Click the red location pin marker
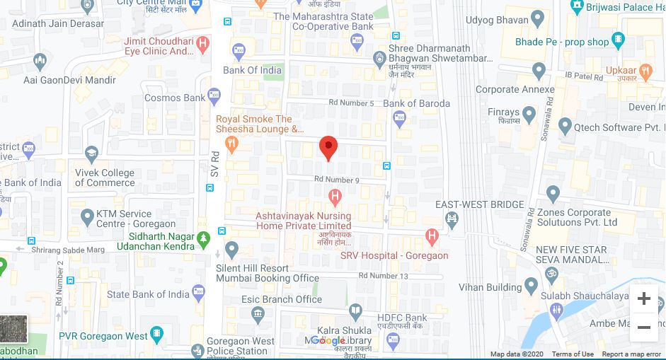coord(328,146)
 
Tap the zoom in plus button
coord(643,298)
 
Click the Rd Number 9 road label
coord(337,180)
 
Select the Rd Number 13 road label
coord(383,275)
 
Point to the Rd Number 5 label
coord(351,103)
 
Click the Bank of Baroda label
coord(416,103)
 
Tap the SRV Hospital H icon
coord(432,235)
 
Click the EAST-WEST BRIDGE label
coord(480,204)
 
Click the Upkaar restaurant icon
coord(645,71)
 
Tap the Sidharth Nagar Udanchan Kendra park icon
coord(204,238)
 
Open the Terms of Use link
coord(573,354)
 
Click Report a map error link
coord(631,354)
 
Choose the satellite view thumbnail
coord(13,330)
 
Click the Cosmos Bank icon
coord(215,98)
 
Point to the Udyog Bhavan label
coord(503,20)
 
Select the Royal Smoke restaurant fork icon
coord(233,144)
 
